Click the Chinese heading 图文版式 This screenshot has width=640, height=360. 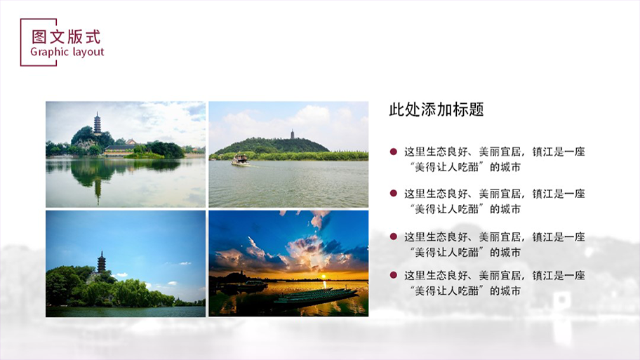pyautogui.click(x=66, y=36)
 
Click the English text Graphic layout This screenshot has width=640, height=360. pyautogui.click(x=67, y=52)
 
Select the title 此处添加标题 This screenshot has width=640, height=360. pyautogui.click(x=436, y=109)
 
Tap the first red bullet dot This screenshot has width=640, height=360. pyautogui.click(x=394, y=152)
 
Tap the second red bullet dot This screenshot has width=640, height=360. pyautogui.click(x=394, y=193)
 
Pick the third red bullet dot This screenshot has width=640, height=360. pyautogui.click(x=394, y=236)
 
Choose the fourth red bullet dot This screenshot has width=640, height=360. pyautogui.click(x=394, y=275)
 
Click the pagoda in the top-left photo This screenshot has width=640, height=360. pyautogui.click(x=97, y=123)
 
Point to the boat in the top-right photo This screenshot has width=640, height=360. pyautogui.click(x=240, y=159)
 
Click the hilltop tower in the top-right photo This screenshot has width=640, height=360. pyautogui.click(x=292, y=134)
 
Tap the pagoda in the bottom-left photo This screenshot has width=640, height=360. pyautogui.click(x=101, y=262)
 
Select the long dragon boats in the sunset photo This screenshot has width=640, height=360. pyautogui.click(x=315, y=296)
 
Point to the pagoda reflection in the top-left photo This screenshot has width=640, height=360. pyautogui.click(x=98, y=190)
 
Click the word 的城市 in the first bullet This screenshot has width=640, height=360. pyautogui.click(x=505, y=167)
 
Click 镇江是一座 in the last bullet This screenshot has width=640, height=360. pyautogui.click(x=559, y=276)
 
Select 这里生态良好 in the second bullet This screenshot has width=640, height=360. pyautogui.click(x=436, y=194)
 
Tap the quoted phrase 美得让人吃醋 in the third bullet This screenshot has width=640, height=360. pyautogui.click(x=447, y=252)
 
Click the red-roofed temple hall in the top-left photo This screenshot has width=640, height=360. pyautogui.click(x=119, y=149)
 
